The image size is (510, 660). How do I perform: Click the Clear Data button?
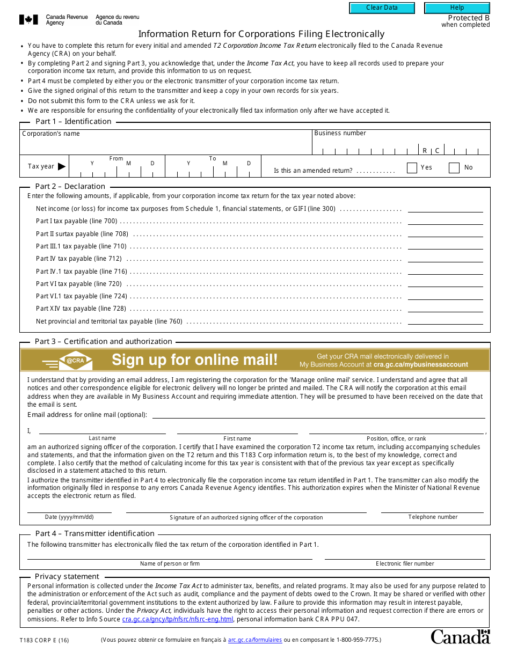382,8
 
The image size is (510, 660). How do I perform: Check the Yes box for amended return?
412,168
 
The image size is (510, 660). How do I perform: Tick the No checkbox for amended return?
454,168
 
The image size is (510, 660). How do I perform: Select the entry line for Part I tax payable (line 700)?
445,221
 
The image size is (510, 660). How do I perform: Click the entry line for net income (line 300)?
445,208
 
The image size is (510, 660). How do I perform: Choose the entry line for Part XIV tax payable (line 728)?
445,308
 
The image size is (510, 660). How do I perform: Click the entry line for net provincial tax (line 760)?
445,321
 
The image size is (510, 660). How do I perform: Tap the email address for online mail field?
318,414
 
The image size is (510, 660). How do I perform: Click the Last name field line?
102,429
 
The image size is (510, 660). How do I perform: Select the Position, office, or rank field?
396,429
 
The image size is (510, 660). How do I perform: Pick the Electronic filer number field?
405,555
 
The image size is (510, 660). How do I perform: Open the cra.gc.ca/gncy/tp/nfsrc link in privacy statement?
178,619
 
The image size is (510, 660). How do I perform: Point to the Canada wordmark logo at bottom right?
460,637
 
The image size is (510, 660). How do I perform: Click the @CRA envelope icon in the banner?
75,361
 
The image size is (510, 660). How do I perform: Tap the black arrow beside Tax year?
62,166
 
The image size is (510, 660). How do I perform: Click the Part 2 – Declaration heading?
70,186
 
